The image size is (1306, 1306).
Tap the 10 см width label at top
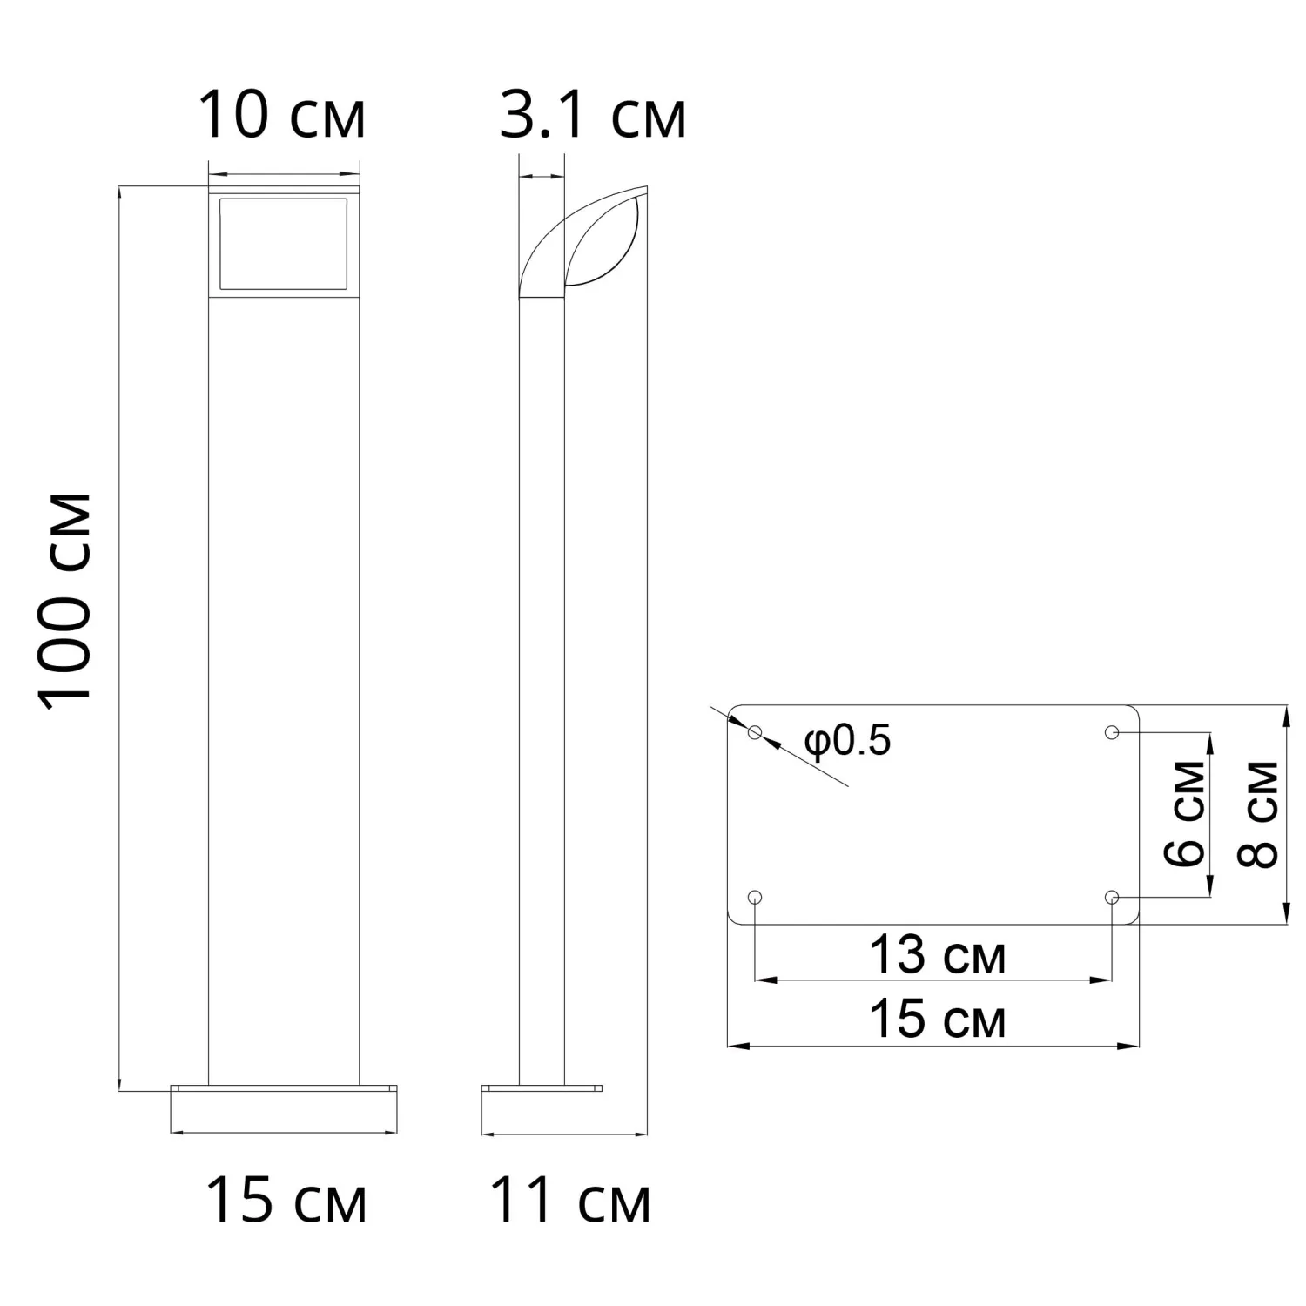click(282, 115)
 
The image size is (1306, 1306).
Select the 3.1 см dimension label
click(593, 115)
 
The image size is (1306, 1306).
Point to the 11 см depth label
click(570, 1199)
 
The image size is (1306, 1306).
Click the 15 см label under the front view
click(286, 1199)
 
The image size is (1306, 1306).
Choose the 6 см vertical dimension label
click(1185, 813)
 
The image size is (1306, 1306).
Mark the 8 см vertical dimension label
click(1257, 813)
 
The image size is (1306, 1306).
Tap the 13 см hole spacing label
click(938, 955)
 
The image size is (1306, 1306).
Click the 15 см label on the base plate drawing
click(938, 1019)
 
